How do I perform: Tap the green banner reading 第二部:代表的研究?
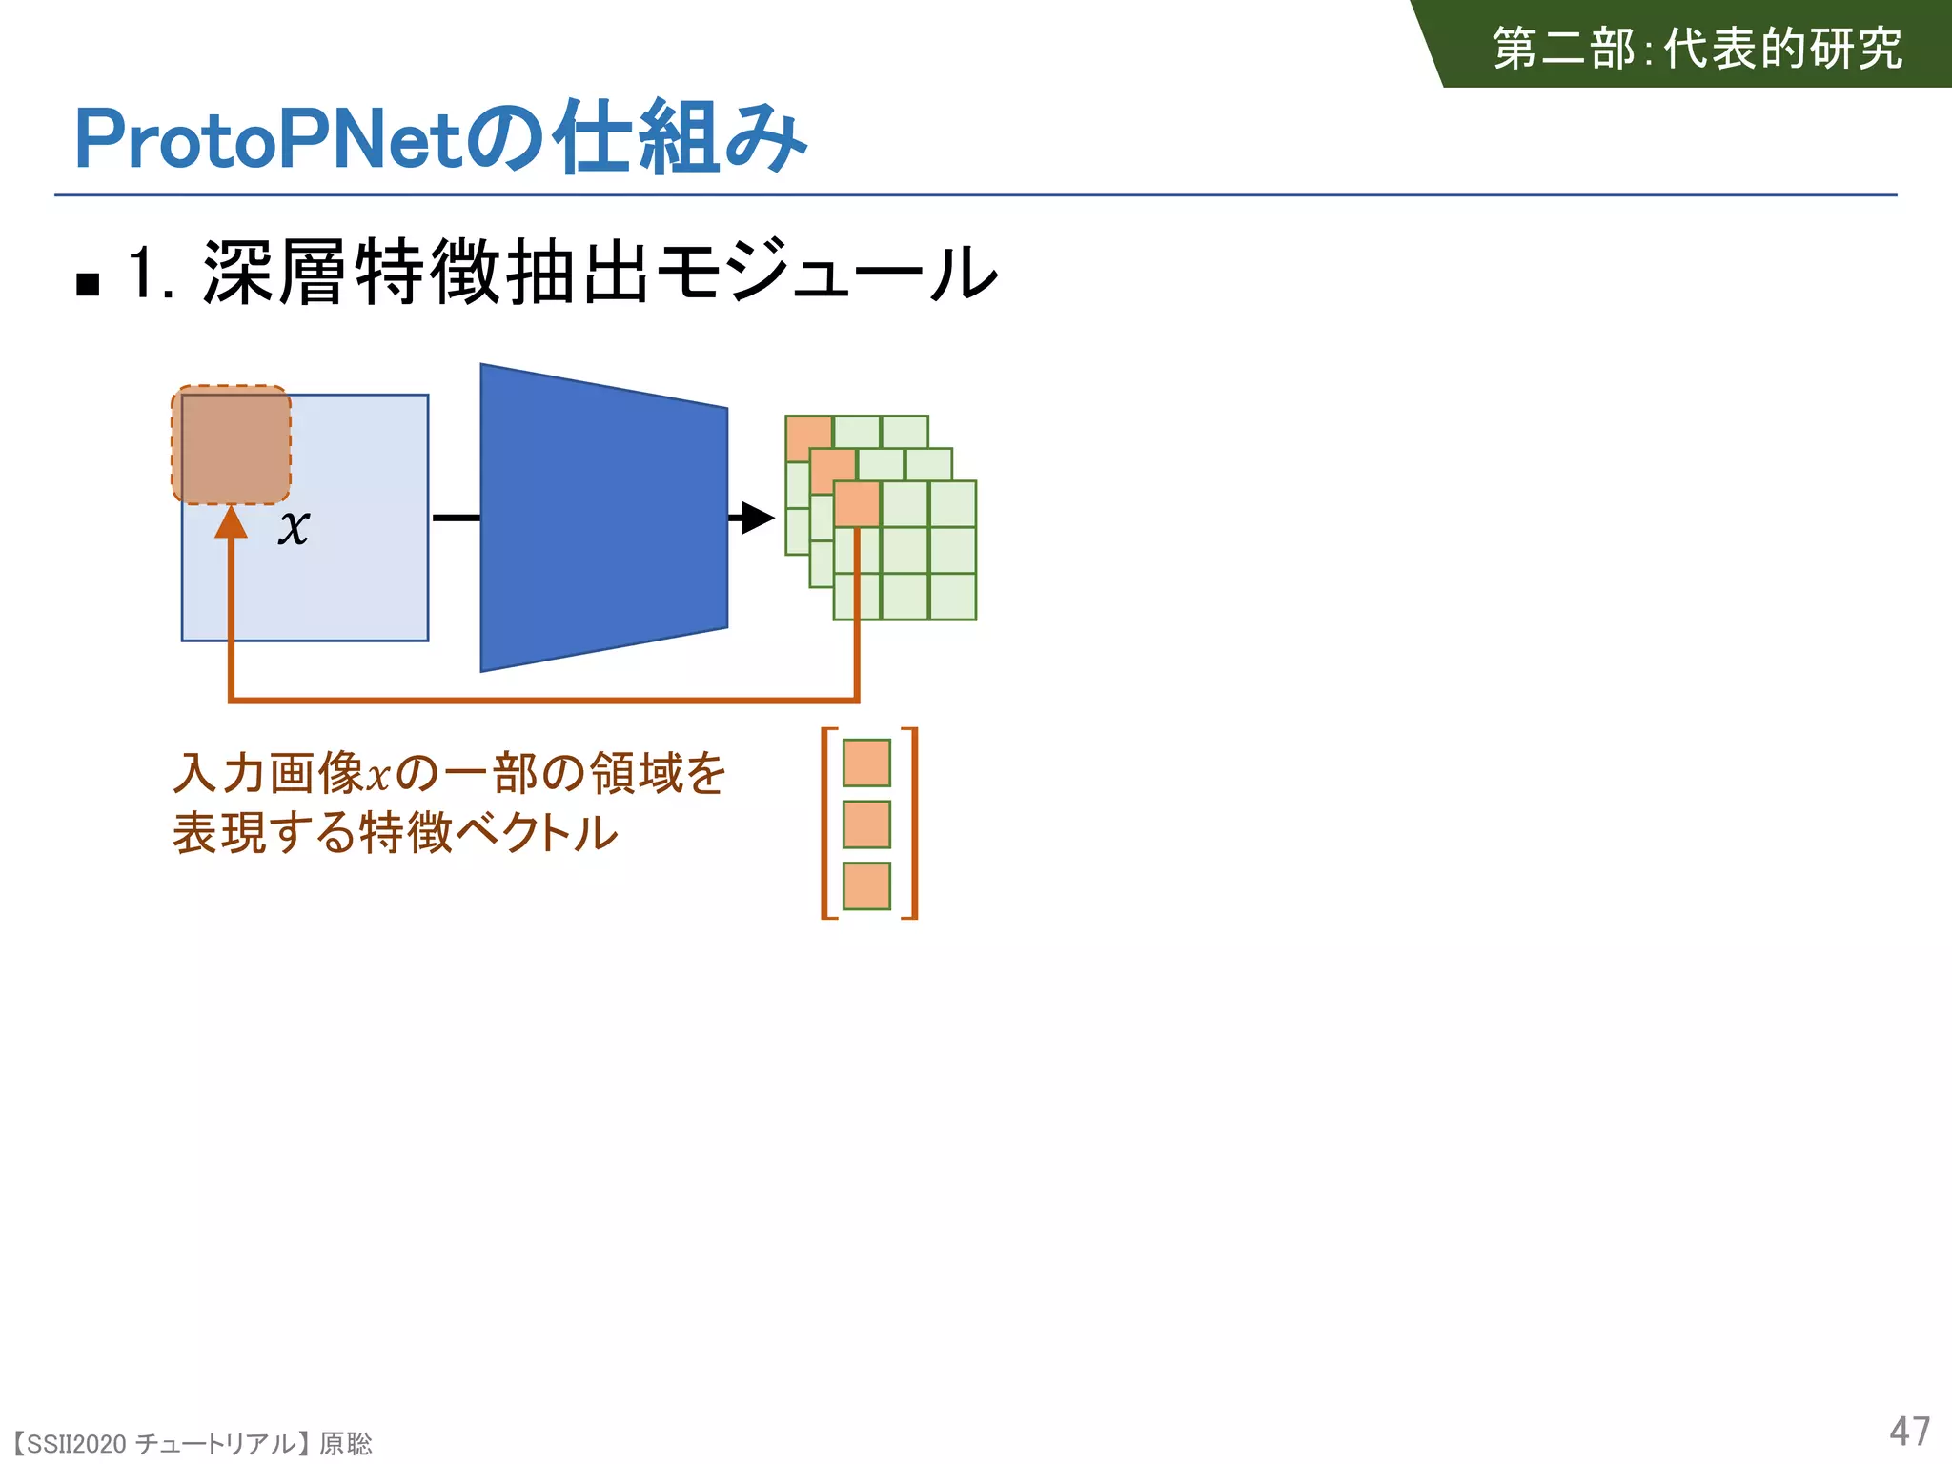1697,48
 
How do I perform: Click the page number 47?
1909,1432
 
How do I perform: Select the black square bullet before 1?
88,284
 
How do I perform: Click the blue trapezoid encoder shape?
603,518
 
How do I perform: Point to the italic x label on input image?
294,526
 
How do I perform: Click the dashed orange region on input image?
231,445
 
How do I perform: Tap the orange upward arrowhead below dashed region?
231,523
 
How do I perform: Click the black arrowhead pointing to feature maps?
757,518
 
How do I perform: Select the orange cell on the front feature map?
857,504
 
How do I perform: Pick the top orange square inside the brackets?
866,762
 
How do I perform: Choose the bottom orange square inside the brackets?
866,885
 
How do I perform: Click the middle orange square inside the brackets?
866,824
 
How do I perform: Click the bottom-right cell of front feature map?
952,597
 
